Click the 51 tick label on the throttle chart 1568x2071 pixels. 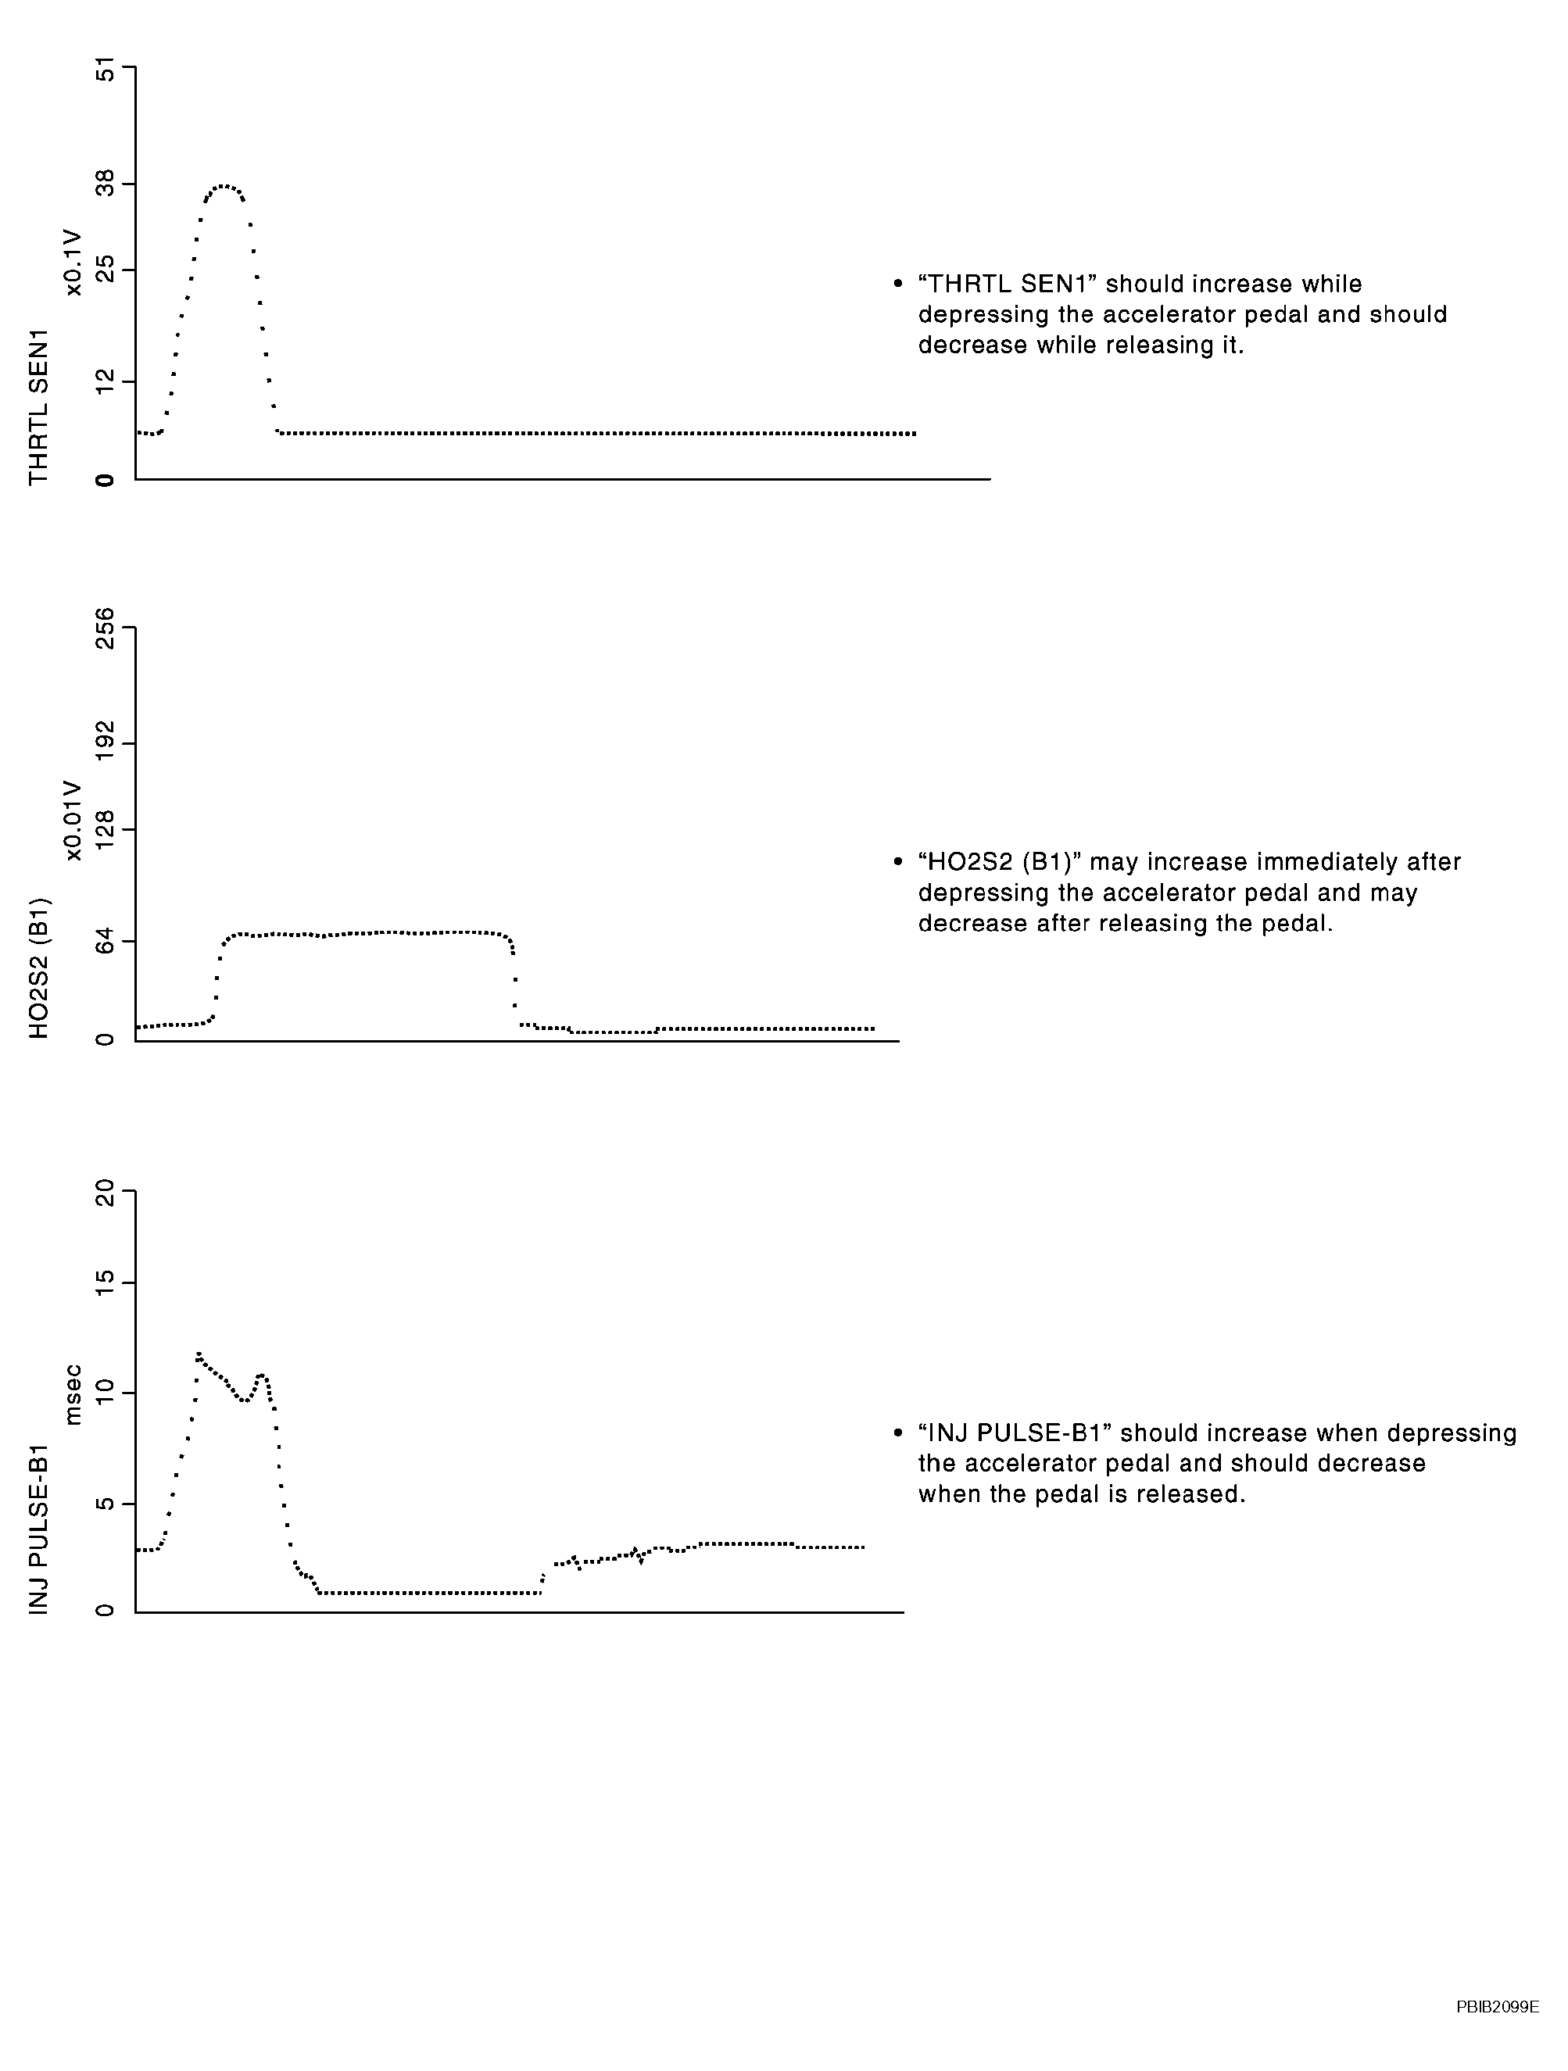(x=105, y=70)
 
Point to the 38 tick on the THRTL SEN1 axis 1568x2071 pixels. (x=105, y=183)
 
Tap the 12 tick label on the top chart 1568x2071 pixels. (x=105, y=380)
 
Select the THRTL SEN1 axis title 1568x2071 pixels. (x=38, y=407)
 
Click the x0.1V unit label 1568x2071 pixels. (x=73, y=263)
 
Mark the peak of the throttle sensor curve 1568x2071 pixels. (x=223, y=186)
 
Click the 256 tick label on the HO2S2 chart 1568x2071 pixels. (x=105, y=628)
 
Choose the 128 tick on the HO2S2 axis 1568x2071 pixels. (x=105, y=829)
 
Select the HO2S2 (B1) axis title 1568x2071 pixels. (x=38, y=968)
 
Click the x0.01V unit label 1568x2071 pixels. (x=73, y=820)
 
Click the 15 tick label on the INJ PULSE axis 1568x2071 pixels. (x=105, y=1282)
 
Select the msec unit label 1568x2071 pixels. (x=73, y=1395)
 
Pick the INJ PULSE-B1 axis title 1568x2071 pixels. (x=38, y=1529)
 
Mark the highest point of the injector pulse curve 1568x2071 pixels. (x=199, y=1354)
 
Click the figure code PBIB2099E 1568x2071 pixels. (x=1497, y=2006)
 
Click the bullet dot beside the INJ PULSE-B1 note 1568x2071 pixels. (x=898, y=1433)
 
